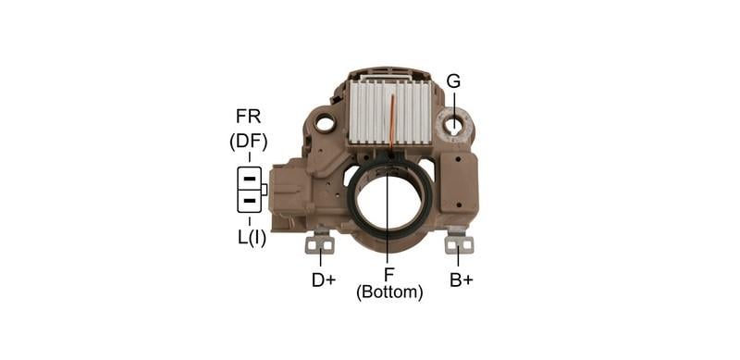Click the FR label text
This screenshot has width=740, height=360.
(x=248, y=117)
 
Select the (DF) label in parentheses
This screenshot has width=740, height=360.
(x=248, y=143)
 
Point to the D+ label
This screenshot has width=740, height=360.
(x=323, y=279)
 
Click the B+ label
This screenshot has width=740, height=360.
(x=461, y=279)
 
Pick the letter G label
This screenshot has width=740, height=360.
(x=453, y=81)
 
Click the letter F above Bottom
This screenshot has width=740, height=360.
(x=388, y=274)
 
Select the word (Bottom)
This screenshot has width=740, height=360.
(x=389, y=292)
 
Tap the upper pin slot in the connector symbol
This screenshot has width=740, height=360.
(x=249, y=178)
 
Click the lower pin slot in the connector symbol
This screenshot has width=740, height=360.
(x=249, y=200)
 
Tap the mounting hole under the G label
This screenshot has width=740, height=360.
(x=453, y=123)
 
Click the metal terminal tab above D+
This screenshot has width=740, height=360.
(x=321, y=243)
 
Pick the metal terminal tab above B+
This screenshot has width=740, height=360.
(x=459, y=243)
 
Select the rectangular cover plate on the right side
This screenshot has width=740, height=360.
(x=460, y=181)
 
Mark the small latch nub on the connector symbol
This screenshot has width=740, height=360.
(x=265, y=190)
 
